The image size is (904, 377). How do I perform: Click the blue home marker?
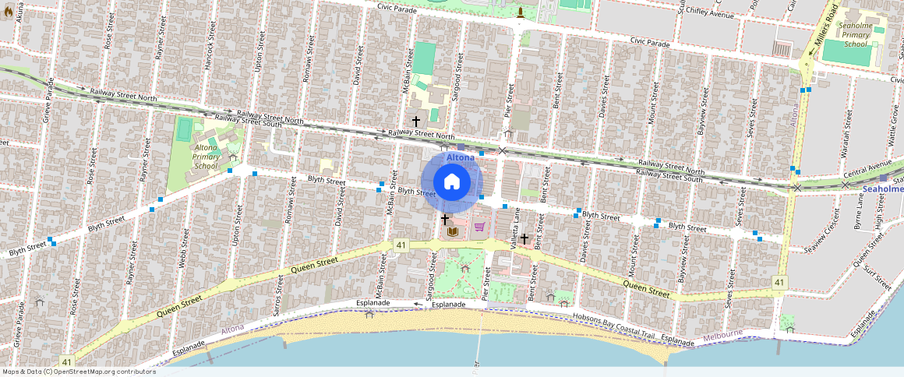[452, 181]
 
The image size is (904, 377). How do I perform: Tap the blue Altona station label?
[460, 157]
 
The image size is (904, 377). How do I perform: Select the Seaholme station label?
[884, 188]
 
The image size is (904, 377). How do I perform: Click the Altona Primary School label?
[206, 156]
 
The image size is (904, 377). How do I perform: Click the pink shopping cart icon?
[478, 227]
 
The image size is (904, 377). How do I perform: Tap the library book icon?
[451, 231]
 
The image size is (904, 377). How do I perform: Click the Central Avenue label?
[867, 167]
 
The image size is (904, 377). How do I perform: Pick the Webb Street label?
[185, 252]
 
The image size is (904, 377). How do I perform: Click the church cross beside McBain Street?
[416, 122]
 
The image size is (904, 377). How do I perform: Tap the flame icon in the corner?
[8, 11]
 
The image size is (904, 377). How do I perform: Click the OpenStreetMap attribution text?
[78, 372]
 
